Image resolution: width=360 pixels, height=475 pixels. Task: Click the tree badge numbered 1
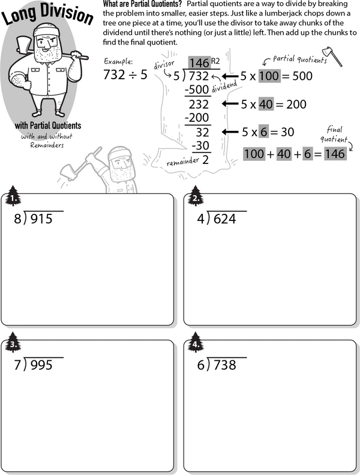(x=13, y=196)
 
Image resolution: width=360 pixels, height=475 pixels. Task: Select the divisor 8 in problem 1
(x=17, y=219)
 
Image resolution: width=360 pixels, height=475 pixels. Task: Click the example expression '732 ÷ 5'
(x=125, y=76)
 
